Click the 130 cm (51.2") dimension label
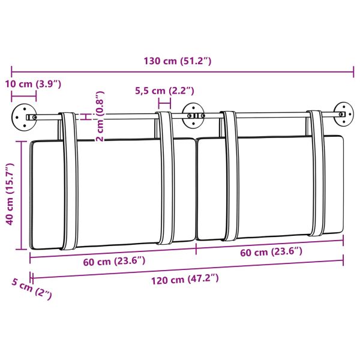[x=178, y=61]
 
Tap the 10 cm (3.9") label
[x=34, y=83]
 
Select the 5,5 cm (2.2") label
[x=163, y=91]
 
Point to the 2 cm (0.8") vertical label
[x=100, y=116]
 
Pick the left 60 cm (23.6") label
[x=114, y=261]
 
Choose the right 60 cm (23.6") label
[x=271, y=252]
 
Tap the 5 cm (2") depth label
[x=31, y=290]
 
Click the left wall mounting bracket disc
[x=22, y=116]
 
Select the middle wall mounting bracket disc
[x=193, y=114]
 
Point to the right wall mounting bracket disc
[x=343, y=113]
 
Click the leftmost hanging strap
[x=70, y=180]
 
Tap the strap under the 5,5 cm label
[x=166, y=180]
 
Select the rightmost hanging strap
[x=316, y=174]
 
